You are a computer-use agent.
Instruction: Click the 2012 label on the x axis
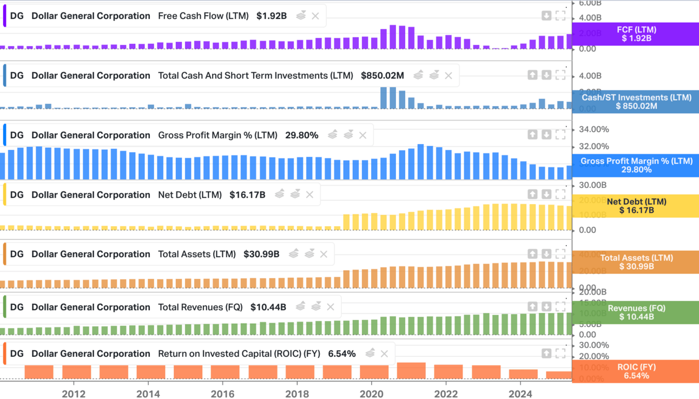pyautogui.click(x=74, y=394)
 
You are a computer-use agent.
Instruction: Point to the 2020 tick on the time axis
pyautogui.click(x=372, y=394)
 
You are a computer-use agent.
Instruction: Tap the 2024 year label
pyautogui.click(x=520, y=394)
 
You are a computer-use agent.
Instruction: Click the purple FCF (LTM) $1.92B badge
pyautogui.click(x=636, y=34)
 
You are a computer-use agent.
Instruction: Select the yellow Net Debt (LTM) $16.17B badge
pyautogui.click(x=636, y=206)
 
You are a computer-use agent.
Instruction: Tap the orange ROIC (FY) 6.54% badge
pyautogui.click(x=636, y=371)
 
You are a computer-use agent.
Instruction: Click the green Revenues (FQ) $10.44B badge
pyautogui.click(x=636, y=312)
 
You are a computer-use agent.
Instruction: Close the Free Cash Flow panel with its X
pyautogui.click(x=315, y=16)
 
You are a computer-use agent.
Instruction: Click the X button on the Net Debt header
pyautogui.click(x=309, y=194)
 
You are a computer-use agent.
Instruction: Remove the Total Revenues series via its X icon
pyautogui.click(x=331, y=307)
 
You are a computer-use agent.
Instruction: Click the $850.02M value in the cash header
pyautogui.click(x=383, y=76)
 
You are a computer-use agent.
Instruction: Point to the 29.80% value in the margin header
pyautogui.click(x=301, y=135)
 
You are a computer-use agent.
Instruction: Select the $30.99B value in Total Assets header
pyautogui.click(x=261, y=254)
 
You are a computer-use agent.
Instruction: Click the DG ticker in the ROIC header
pyautogui.click(x=17, y=354)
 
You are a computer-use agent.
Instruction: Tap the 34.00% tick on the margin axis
pyautogui.click(x=594, y=129)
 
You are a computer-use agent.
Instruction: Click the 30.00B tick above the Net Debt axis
pyautogui.click(x=592, y=185)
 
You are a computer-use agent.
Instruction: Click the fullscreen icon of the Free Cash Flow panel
pyautogui.click(x=560, y=16)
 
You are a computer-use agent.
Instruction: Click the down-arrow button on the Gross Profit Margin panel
pyautogui.click(x=546, y=134)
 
